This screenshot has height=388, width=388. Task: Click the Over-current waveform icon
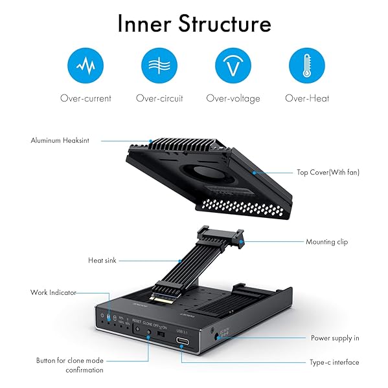point(86,67)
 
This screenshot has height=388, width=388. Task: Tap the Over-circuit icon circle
point(159,67)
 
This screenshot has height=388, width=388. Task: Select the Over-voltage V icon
point(233,67)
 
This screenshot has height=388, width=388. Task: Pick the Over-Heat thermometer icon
point(306,67)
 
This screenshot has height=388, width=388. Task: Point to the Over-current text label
point(86,98)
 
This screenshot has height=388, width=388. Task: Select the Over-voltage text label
point(233,98)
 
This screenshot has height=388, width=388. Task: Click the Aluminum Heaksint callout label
point(60,140)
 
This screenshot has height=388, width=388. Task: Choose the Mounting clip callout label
point(326,242)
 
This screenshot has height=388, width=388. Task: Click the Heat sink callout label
point(102,260)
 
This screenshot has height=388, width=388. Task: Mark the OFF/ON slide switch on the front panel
point(160,336)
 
